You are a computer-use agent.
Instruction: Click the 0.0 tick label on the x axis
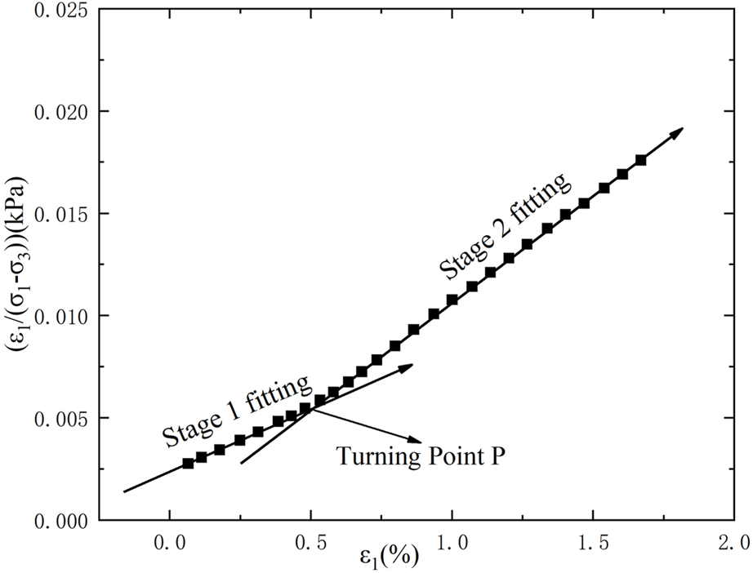pyautogui.click(x=169, y=541)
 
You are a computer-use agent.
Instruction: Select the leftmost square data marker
pyautogui.click(x=188, y=463)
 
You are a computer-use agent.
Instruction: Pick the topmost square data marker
pyautogui.click(x=640, y=160)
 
